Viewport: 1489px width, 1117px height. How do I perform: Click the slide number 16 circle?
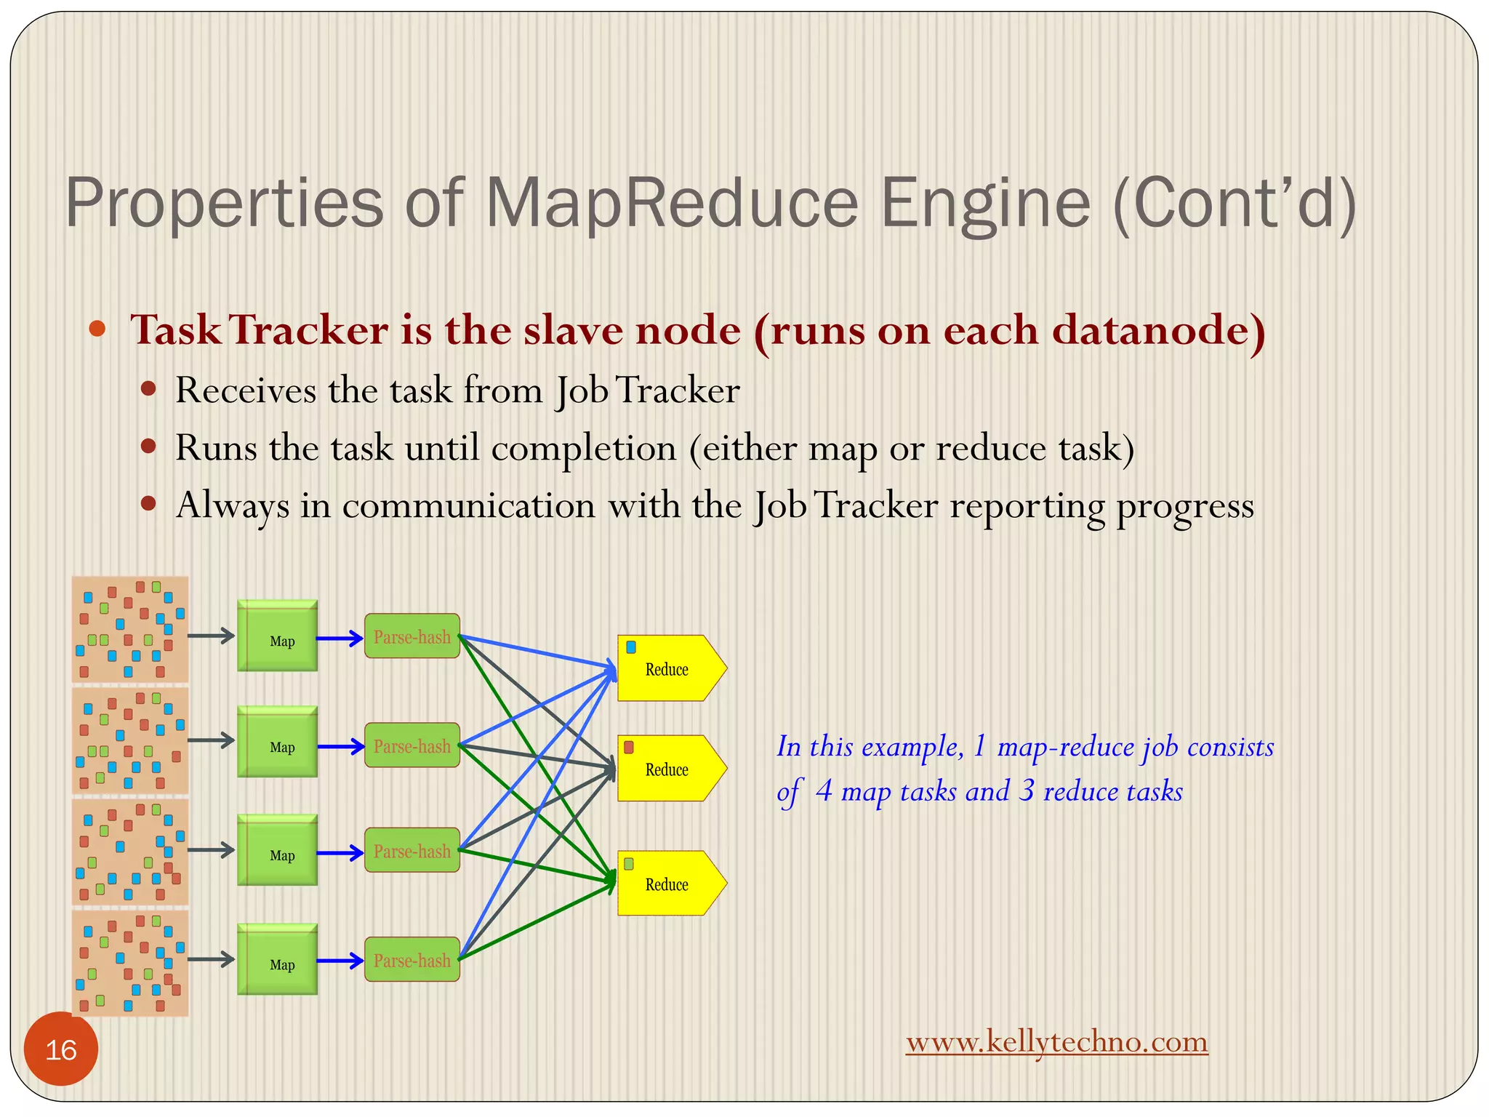[x=60, y=1049]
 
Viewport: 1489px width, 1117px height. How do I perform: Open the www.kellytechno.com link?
[x=1056, y=1042]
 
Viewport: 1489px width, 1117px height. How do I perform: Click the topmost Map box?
[x=277, y=636]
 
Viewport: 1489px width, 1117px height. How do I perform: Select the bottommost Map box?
[x=277, y=959]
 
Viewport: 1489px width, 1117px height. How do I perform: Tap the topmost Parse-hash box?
[x=412, y=636]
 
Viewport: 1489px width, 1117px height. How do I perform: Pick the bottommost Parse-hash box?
[x=412, y=960]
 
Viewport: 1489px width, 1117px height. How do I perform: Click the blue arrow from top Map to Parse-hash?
[x=340, y=638]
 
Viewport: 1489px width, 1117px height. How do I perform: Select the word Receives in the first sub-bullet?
[x=246, y=391]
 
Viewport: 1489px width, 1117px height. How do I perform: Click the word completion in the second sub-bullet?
[x=584, y=448]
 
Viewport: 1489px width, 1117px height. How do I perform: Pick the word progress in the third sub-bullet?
[x=1185, y=506]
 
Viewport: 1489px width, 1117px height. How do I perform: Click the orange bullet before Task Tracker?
[x=97, y=329]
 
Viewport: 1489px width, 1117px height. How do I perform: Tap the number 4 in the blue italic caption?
[x=824, y=790]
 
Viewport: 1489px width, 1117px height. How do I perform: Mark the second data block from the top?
[x=130, y=740]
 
